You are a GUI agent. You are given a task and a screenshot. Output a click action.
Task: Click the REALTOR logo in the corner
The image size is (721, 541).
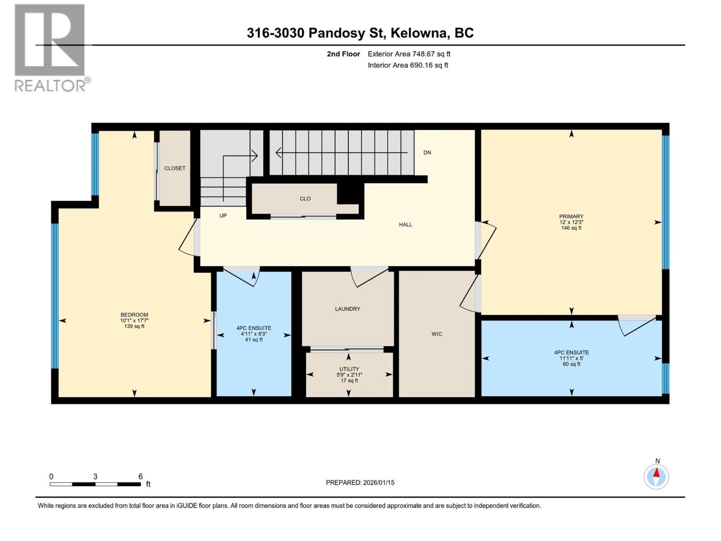click(50, 47)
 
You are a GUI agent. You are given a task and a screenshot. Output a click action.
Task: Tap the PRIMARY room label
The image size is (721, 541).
click(571, 216)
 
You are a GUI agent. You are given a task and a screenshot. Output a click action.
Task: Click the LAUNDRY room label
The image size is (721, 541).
click(347, 309)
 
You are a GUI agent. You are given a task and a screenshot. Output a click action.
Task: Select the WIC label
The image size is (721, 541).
click(437, 334)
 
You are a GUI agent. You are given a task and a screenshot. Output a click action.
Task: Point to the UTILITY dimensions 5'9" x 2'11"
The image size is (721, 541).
click(349, 375)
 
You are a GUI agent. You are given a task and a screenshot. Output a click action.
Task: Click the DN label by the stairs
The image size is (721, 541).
click(427, 152)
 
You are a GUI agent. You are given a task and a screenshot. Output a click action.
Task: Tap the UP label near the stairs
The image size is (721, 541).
click(223, 215)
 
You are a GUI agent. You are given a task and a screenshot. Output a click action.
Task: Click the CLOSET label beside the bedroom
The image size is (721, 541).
click(175, 168)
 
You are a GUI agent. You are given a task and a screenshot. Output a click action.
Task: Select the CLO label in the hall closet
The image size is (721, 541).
click(305, 198)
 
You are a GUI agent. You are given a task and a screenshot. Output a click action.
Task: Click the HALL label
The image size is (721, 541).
click(406, 225)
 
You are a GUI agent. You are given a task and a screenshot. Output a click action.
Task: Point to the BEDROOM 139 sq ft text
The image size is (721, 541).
click(134, 326)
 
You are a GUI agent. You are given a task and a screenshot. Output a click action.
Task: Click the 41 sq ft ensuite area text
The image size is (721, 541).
click(254, 340)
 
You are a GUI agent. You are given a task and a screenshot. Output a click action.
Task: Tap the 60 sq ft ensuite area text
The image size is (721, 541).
click(571, 364)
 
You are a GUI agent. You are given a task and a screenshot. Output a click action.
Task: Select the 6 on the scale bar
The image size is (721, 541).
click(141, 477)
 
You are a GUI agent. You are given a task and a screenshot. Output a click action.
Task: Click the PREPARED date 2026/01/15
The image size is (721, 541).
click(360, 482)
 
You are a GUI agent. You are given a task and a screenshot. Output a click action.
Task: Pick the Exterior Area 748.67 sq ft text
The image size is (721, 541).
click(409, 54)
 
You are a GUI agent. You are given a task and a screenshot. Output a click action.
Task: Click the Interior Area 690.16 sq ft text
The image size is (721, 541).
click(408, 65)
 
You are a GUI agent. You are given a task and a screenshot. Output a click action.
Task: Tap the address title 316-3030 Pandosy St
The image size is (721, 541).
click(360, 33)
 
